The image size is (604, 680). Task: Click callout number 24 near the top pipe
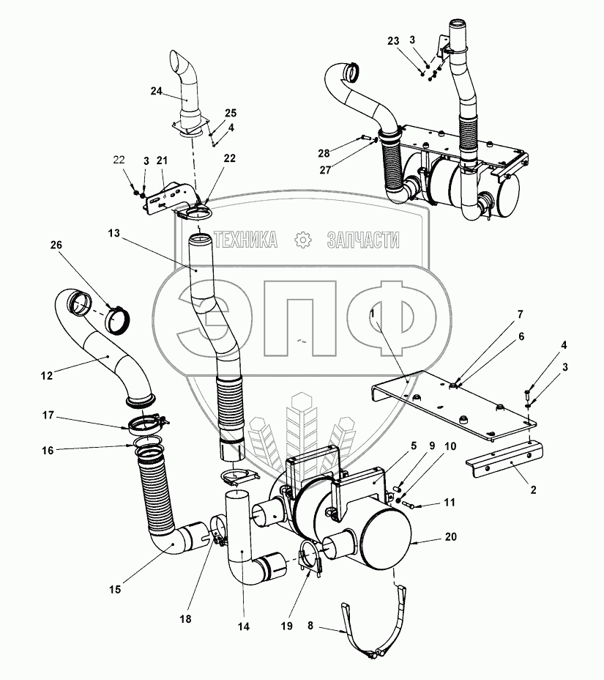pyautogui.click(x=156, y=91)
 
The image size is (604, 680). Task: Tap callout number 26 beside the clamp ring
pyautogui.click(x=56, y=246)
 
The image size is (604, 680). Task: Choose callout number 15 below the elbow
pyautogui.click(x=116, y=589)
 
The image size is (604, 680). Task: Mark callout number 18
pyautogui.click(x=186, y=619)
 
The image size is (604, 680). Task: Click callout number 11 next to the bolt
pyautogui.click(x=448, y=503)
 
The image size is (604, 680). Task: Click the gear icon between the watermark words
pyautogui.click(x=302, y=240)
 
